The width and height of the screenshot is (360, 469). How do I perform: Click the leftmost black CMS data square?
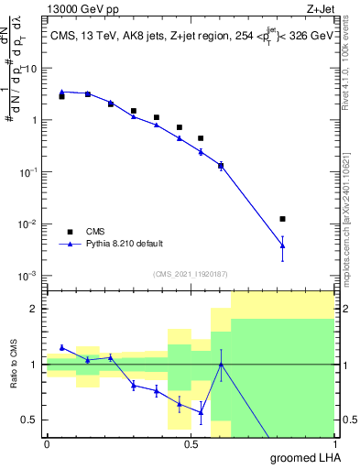[x=61, y=95]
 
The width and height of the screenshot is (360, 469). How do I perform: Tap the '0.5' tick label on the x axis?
[x=190, y=444]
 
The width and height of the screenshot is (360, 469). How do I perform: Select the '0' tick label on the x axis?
[x=47, y=444]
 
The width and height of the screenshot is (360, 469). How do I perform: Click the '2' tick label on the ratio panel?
[x=36, y=310]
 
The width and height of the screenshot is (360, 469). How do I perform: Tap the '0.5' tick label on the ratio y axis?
[x=31, y=420]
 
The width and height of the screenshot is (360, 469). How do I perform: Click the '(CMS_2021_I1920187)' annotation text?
[x=190, y=272]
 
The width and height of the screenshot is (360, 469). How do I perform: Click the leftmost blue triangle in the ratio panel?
[x=61, y=347]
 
